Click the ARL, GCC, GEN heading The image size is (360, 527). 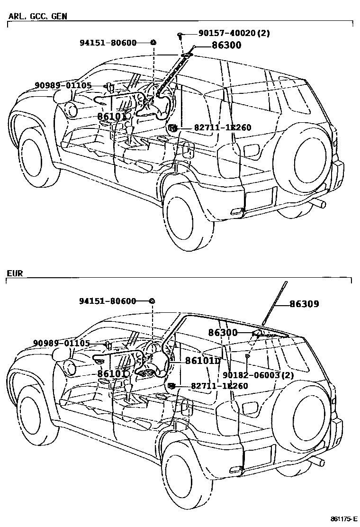tap(38, 16)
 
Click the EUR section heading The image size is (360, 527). tap(15, 273)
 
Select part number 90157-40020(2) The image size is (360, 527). tap(227, 34)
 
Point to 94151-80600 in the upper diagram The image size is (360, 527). tap(108, 43)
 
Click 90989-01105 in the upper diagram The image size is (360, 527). tap(63, 85)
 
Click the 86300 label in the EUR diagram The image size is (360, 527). tap(223, 333)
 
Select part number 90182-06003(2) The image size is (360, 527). tap(259, 375)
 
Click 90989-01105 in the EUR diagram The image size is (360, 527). tap(62, 343)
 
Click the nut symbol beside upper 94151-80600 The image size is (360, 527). tap(153, 43)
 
